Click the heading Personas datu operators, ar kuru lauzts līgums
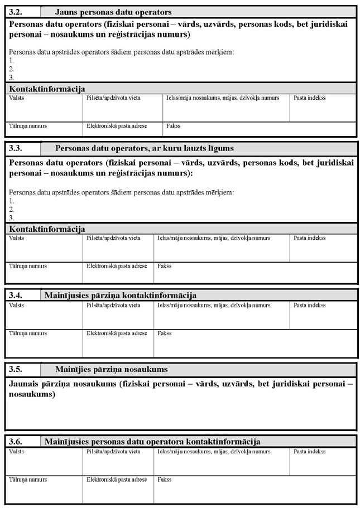(x=145, y=148)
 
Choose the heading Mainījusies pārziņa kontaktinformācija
(x=120, y=295)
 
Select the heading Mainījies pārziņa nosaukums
(x=111, y=369)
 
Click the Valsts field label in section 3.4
(x=17, y=305)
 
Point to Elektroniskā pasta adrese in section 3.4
(x=117, y=333)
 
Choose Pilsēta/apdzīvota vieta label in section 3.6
(x=113, y=451)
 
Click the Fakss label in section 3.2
(x=173, y=126)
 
